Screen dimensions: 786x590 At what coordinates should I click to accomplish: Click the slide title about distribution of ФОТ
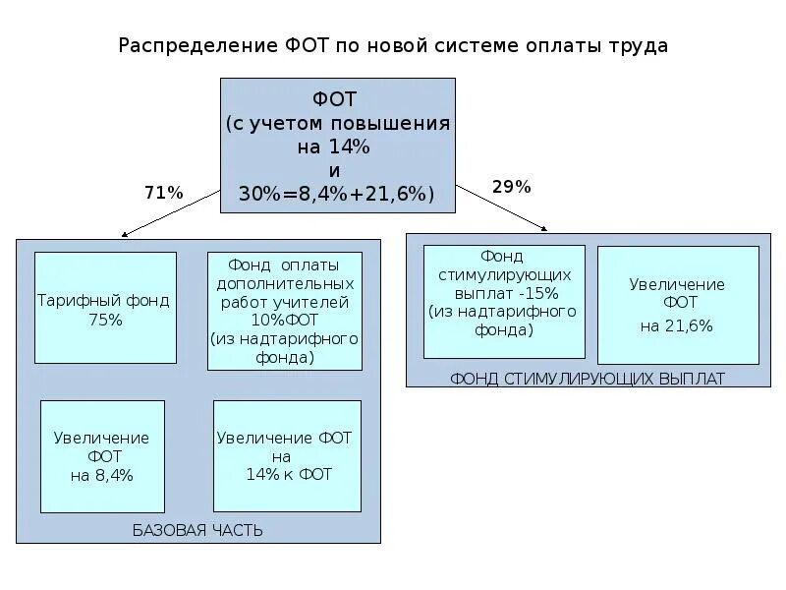pos(393,46)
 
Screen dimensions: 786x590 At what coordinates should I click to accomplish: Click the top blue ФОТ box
pos(338,146)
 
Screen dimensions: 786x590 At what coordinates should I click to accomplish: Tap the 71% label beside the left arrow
pos(163,194)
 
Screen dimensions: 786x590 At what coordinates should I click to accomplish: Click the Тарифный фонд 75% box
pos(105,308)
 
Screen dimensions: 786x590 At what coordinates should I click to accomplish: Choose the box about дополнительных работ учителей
pos(284,311)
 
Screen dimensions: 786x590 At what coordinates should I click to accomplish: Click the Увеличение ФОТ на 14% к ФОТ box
pos(287,455)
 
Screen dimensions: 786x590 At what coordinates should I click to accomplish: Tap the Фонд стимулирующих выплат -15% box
pos(504,301)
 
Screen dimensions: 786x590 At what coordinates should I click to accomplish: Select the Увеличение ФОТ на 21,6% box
pos(678,305)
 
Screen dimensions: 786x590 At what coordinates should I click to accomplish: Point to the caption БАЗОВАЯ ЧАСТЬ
pos(197,531)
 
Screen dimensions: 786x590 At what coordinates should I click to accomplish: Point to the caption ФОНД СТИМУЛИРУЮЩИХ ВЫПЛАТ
pos(587,378)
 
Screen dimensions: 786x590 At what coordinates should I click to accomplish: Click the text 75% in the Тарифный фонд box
pos(104,320)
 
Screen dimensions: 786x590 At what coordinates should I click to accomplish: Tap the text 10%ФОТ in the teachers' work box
pos(284,320)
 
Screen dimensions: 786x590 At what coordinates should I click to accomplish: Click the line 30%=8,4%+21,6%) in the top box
pos(336,194)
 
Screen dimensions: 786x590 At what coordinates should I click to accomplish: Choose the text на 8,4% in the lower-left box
pos(102,475)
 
